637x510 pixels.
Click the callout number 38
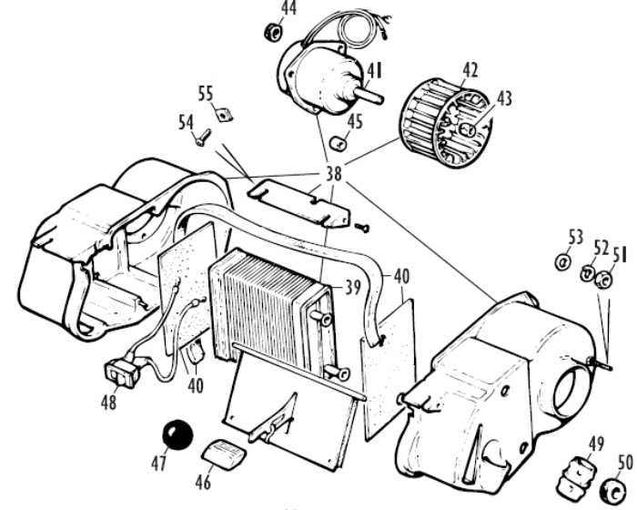334,174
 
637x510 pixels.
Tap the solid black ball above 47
177,434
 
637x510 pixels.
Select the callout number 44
288,9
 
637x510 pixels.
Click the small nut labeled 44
273,32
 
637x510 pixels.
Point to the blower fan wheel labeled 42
445,123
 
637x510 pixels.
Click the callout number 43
504,99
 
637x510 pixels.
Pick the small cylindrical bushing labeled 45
339,143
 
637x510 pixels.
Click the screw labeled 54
203,138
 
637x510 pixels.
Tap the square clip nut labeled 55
223,115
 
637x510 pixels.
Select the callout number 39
353,288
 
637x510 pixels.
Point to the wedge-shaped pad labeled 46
224,450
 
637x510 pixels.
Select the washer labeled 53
562,261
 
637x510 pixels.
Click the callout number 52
602,249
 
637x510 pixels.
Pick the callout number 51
619,255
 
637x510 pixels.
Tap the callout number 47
159,463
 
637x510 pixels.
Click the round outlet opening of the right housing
570,392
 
